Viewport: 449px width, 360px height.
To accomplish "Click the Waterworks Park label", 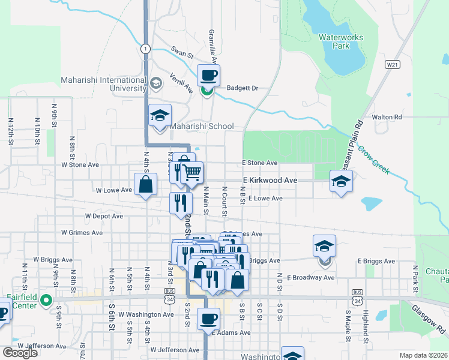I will [341, 41].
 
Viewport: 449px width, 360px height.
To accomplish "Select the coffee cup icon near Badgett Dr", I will [208, 76].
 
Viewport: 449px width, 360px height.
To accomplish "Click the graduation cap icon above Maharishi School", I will [160, 115].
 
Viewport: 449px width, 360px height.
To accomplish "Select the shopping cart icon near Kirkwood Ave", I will [192, 173].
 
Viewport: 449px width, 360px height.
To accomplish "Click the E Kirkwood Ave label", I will [270, 180].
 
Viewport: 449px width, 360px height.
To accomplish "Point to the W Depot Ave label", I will [104, 216].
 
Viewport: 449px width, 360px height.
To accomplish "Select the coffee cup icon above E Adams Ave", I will [208, 319].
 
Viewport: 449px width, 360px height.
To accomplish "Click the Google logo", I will [20, 353].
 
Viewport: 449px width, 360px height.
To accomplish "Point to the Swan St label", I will [182, 54].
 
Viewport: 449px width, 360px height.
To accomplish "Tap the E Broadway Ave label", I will [310, 278].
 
